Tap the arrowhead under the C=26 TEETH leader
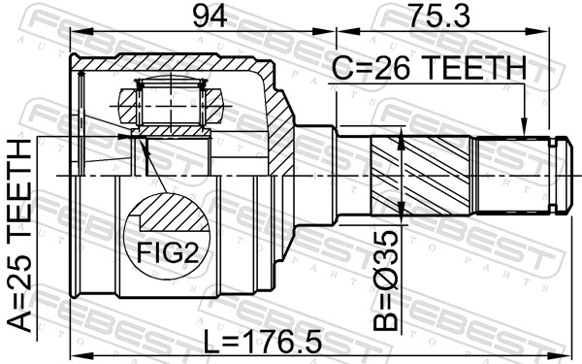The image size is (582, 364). point(524,128)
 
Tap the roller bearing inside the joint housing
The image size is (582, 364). point(171,100)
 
